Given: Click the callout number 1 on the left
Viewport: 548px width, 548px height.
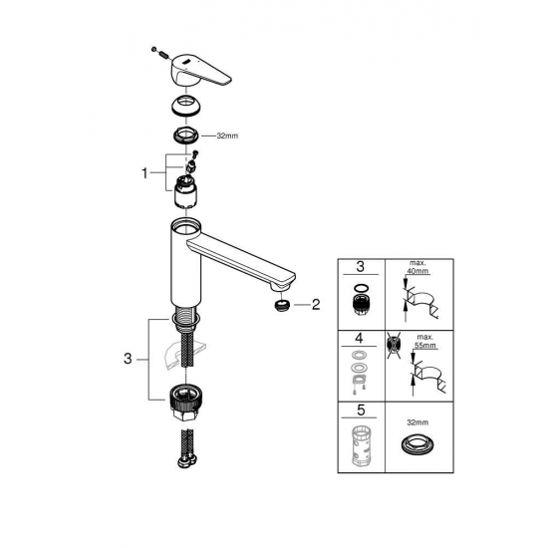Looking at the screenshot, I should (144, 171).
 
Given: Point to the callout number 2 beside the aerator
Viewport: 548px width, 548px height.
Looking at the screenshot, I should (315, 305).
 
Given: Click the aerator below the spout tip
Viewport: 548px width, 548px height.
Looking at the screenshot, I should (281, 304).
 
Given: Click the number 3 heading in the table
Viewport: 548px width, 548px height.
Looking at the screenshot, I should (363, 267).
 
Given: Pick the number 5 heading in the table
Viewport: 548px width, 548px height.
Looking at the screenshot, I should (363, 410).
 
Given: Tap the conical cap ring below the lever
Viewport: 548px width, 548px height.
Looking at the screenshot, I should (184, 105).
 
